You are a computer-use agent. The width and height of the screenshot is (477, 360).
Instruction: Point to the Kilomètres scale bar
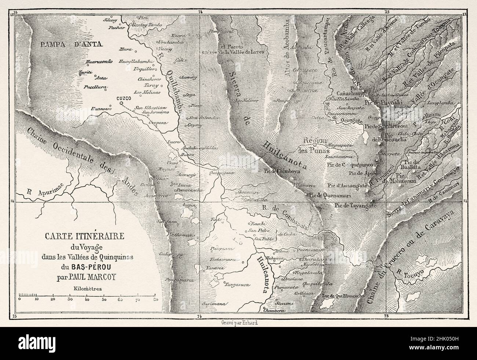tap(88, 295)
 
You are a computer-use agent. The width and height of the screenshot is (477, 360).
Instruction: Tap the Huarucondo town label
tap(97, 62)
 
